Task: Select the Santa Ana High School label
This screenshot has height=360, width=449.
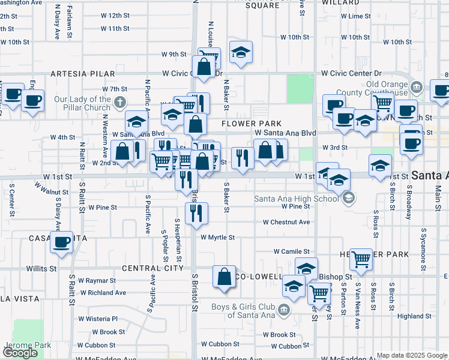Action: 296,199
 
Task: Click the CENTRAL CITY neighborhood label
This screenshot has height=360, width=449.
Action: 152,268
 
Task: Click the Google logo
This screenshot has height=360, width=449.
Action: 20,353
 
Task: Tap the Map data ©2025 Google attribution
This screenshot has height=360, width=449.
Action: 412,355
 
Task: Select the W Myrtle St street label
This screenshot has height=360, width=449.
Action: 217,238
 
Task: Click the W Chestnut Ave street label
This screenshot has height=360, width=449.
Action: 286,222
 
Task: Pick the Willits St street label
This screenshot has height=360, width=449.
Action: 41,269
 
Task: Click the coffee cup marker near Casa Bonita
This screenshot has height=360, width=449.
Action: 61,242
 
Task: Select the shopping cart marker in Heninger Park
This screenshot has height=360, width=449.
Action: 361,259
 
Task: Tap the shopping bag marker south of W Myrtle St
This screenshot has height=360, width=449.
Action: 224,277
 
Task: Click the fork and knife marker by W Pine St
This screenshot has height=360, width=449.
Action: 196,212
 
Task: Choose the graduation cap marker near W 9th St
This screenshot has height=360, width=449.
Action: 241,52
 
